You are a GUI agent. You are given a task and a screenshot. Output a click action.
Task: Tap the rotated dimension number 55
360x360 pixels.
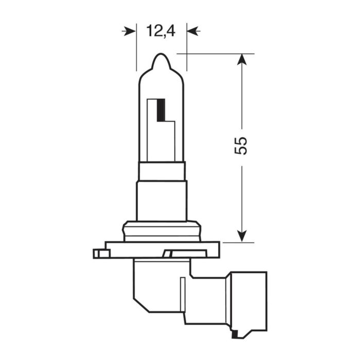(241, 146)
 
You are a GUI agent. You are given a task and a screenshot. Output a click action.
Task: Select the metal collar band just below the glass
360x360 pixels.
(161, 171)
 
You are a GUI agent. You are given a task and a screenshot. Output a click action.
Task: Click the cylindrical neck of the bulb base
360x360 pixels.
(161, 201)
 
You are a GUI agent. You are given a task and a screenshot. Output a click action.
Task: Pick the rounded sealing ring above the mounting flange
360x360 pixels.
(161, 230)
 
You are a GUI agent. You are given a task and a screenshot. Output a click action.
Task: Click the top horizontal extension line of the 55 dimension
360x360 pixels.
(216, 53)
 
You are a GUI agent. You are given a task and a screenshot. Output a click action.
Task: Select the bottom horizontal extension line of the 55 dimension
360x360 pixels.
(226, 242)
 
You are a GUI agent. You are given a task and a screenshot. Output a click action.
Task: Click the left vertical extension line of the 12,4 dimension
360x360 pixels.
(137, 51)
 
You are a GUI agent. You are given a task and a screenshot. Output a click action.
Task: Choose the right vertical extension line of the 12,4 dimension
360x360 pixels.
(186, 51)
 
